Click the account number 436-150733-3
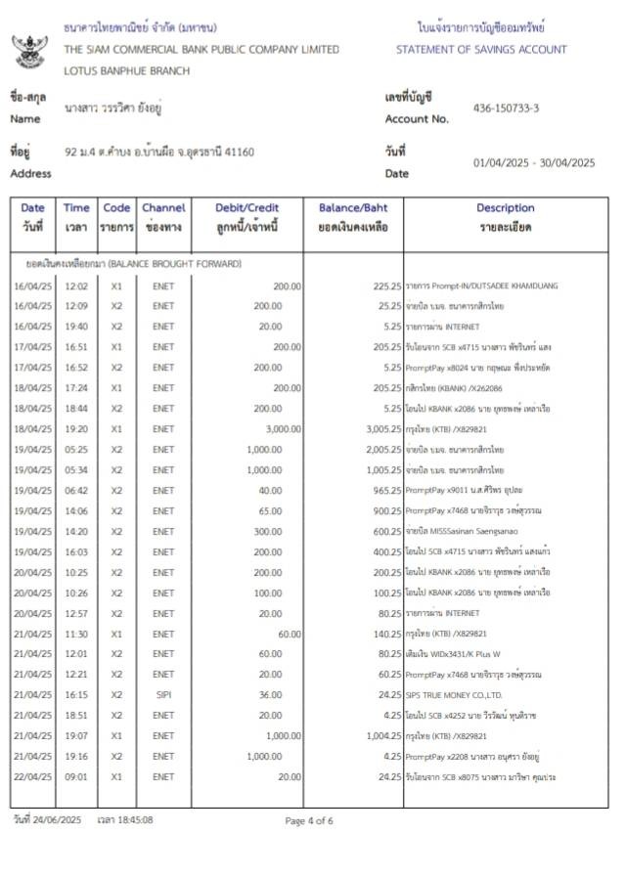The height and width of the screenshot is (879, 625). (506, 108)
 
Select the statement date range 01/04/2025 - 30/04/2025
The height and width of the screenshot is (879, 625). (533, 163)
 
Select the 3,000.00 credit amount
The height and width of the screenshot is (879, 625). (283, 428)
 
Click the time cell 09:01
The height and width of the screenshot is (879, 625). (76, 777)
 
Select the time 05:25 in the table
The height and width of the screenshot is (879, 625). (76, 449)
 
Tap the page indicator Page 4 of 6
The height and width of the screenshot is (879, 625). (309, 820)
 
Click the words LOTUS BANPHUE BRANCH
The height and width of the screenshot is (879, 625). (127, 70)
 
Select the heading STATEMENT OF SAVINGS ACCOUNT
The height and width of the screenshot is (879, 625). (481, 49)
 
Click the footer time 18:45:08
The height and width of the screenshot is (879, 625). (134, 819)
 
